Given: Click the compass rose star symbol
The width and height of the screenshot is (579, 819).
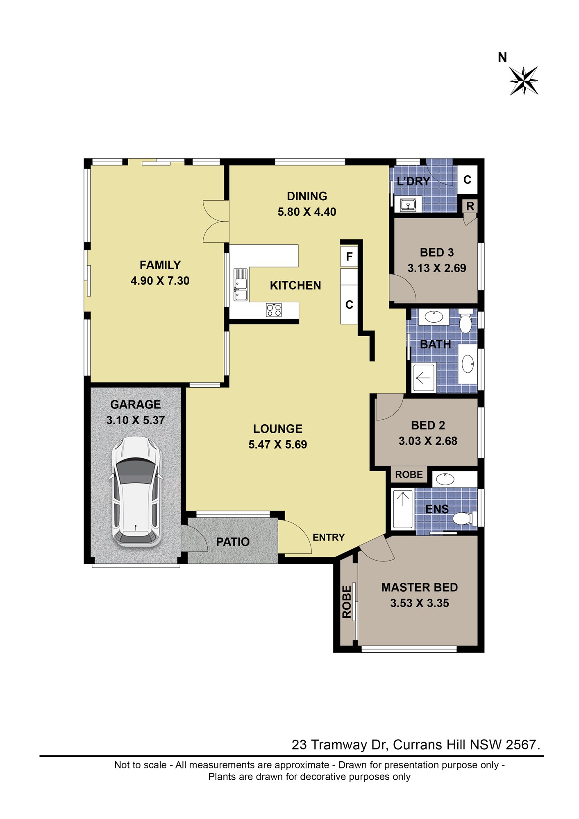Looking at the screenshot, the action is point(524,81).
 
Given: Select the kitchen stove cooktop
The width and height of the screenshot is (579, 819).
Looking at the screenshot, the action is point(274,310).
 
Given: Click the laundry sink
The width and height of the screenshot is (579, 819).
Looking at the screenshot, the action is point(408,204).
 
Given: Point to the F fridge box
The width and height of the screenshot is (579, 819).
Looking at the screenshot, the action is point(349,256).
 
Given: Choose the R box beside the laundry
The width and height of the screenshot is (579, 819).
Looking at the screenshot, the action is point(470,206).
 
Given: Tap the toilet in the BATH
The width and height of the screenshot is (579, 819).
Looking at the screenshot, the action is point(465,321).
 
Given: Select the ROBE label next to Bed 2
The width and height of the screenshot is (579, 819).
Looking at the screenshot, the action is point(409,475).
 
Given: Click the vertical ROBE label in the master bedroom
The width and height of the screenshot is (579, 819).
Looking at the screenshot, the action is point(347,602).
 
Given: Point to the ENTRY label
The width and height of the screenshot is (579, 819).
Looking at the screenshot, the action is point(329,537).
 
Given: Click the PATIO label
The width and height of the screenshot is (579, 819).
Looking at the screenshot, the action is point(233,542).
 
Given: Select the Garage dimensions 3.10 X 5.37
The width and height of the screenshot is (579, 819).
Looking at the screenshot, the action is point(136,420).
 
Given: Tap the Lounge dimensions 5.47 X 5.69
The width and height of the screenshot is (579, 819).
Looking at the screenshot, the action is point(278,444).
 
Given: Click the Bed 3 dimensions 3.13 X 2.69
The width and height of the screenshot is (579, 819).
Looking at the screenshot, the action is point(437,268).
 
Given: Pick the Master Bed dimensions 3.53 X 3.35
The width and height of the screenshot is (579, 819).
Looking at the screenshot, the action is point(420,603).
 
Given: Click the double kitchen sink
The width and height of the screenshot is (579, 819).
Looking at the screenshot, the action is point(241,285).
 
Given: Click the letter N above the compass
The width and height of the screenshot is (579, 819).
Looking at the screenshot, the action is point(502,57).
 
